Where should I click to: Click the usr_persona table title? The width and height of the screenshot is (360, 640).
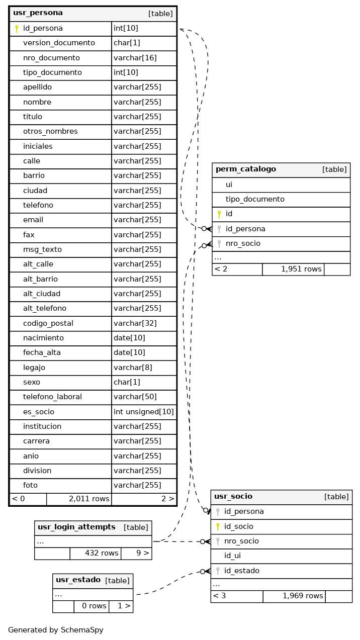point(38,13)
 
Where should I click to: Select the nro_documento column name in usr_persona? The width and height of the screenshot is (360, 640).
point(51,58)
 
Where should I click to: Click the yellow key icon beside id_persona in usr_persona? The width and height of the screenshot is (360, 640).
point(17,29)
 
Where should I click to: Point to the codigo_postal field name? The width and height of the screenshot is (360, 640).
point(48,323)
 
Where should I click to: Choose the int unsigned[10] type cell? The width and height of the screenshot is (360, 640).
point(144,412)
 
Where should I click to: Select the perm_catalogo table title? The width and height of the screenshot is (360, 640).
point(246,169)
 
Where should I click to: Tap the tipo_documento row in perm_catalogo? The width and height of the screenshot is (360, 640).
point(255,199)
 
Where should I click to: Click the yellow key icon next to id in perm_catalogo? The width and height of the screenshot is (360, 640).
point(219,214)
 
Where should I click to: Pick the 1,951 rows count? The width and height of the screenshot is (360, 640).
point(301,269)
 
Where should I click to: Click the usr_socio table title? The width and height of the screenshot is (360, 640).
point(233,497)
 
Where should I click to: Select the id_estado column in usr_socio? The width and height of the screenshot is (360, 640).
point(242,571)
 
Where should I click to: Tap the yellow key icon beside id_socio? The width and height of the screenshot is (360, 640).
point(218,526)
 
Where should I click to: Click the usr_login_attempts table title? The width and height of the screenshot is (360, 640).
point(76,527)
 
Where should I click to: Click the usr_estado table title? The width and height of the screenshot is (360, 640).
point(78,580)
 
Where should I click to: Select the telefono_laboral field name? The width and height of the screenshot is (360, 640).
point(52,397)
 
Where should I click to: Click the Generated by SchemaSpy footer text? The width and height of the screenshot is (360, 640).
point(56,630)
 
